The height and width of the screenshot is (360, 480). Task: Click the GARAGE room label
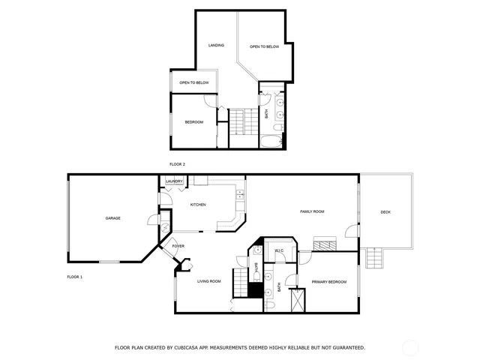112,218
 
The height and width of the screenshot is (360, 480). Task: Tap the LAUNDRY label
174,181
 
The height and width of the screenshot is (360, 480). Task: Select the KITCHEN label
198,205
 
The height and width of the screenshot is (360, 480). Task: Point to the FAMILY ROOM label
312,212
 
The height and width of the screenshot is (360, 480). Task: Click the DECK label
385,212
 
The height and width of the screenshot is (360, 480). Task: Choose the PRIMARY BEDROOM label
328,281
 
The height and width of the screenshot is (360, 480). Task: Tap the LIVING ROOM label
208,281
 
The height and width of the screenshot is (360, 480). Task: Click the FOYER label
178,246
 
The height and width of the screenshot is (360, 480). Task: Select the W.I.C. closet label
279,250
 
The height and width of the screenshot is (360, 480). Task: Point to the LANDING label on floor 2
216,45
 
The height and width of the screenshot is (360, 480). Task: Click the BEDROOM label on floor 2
194,121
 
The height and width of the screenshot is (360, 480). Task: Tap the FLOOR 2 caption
177,164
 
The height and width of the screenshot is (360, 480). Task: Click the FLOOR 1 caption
75,277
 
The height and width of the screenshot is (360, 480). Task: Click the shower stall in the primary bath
298,298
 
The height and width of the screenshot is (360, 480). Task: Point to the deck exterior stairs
375,259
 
